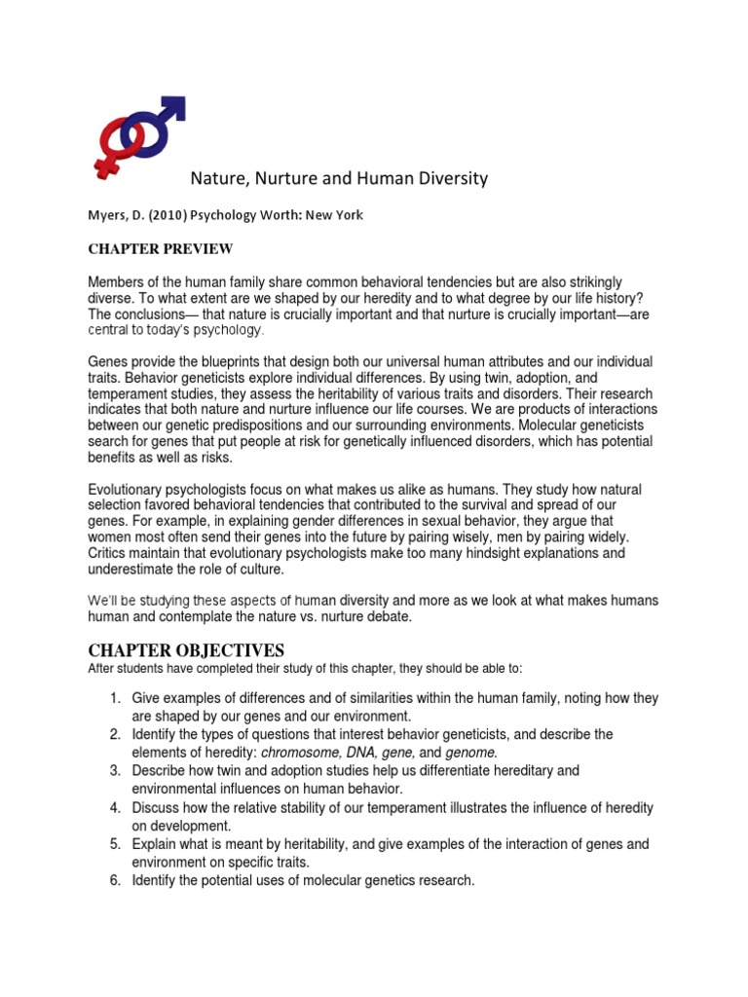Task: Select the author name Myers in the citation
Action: tap(110, 215)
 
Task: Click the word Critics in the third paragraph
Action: tap(110, 553)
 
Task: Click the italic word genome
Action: tap(471, 753)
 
